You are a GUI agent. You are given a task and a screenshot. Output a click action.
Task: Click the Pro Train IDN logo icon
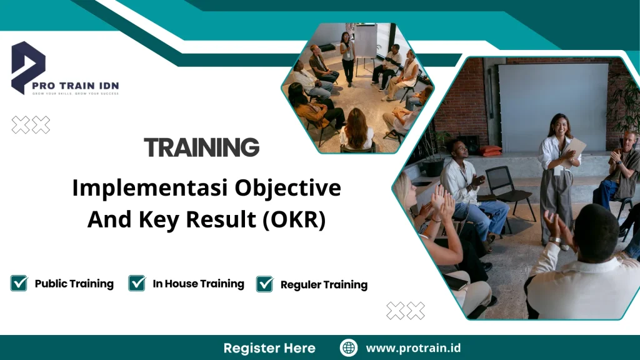point(28,66)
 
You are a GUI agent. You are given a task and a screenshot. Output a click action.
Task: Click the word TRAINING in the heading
point(202,147)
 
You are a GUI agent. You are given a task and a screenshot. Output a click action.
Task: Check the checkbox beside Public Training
point(19,283)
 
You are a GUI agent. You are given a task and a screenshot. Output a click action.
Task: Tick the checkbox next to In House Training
point(137,283)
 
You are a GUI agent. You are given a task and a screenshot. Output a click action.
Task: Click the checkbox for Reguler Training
point(264,284)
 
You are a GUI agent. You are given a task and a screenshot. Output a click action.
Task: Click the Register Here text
point(269,348)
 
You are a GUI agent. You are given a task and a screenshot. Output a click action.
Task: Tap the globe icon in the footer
point(349,347)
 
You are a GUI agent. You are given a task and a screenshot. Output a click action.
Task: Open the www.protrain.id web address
point(413,348)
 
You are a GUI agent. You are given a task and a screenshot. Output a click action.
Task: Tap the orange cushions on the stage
point(491,151)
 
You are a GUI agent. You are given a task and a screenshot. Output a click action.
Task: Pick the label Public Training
point(74,284)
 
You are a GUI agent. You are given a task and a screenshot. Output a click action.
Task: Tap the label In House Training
point(198,284)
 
